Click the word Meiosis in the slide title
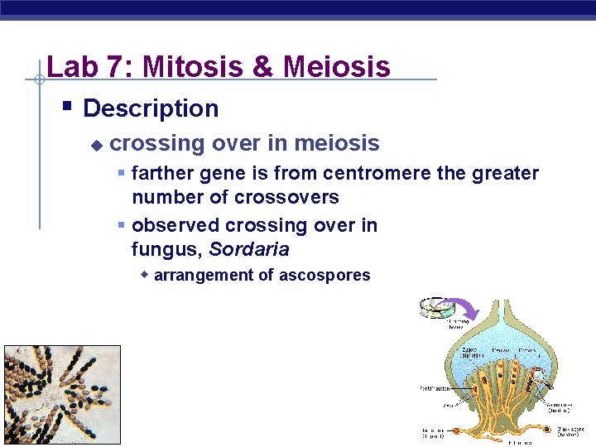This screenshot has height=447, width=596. (336, 66)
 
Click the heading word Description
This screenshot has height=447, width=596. (151, 108)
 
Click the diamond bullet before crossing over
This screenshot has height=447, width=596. (97, 145)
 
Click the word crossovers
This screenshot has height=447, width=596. (286, 198)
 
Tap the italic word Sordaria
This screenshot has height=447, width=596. (249, 249)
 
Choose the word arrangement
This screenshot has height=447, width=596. (204, 276)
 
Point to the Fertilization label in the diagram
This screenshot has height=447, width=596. (435, 387)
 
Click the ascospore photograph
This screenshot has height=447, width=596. (62, 396)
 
